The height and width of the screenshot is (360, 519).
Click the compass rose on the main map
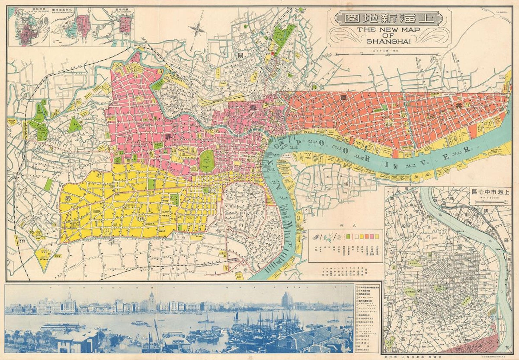click(197, 29)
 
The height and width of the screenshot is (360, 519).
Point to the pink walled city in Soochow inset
click(124, 25)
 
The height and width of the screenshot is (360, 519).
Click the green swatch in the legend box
click(348, 236)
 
